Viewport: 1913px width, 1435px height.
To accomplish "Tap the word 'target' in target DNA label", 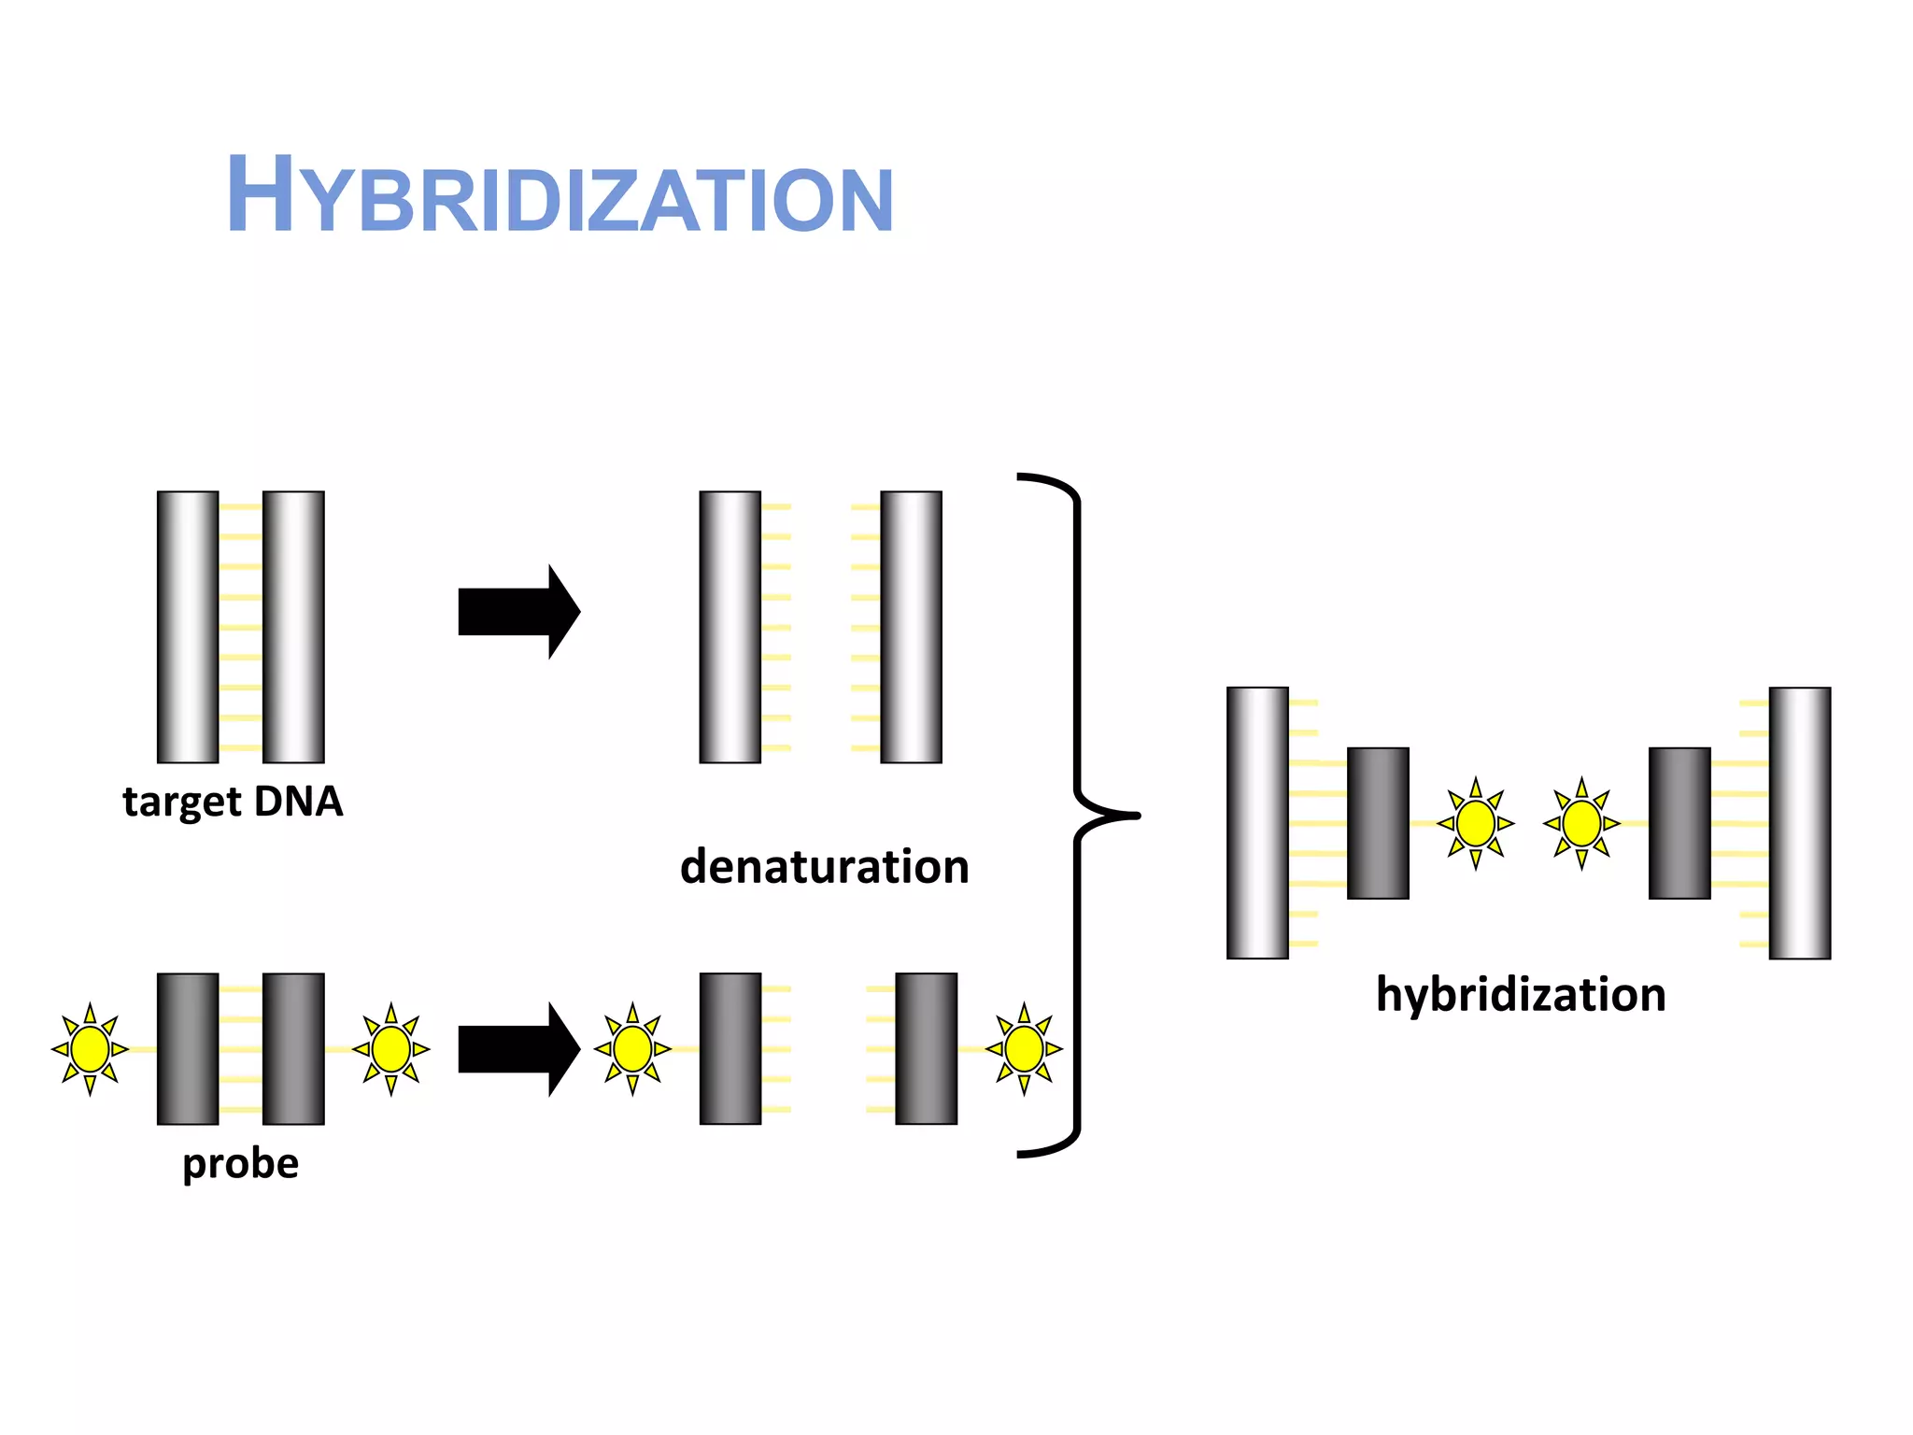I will click(x=182, y=803).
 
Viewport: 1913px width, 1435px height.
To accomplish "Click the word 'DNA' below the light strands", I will click(x=298, y=801).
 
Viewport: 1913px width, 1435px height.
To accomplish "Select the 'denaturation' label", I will click(x=824, y=867).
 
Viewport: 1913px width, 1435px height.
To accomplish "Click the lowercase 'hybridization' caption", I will click(x=1521, y=994).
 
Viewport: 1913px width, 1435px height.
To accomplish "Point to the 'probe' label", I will click(x=240, y=1164).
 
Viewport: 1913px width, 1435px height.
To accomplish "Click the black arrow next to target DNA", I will click(x=518, y=612).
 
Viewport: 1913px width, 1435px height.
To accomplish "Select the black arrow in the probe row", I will click(x=518, y=1048).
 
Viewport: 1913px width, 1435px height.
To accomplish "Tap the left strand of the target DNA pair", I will click(x=188, y=627).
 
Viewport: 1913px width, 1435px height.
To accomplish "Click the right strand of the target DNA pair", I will click(x=293, y=627).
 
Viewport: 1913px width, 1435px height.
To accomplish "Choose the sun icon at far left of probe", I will click(x=90, y=1048).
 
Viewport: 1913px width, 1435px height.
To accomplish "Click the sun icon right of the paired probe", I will click(x=390, y=1048).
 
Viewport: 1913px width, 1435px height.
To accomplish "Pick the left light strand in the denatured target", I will click(x=730, y=627).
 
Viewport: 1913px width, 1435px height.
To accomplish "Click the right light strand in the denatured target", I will click(x=911, y=627).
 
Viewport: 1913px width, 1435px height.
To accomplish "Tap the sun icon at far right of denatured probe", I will click(x=1024, y=1048).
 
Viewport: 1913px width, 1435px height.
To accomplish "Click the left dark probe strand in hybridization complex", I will click(x=1378, y=823).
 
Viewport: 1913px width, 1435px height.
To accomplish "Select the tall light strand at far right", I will click(x=1799, y=823).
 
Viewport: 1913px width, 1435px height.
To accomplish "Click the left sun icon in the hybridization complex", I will click(x=1476, y=823).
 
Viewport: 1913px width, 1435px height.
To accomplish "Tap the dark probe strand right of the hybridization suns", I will click(x=1679, y=823).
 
